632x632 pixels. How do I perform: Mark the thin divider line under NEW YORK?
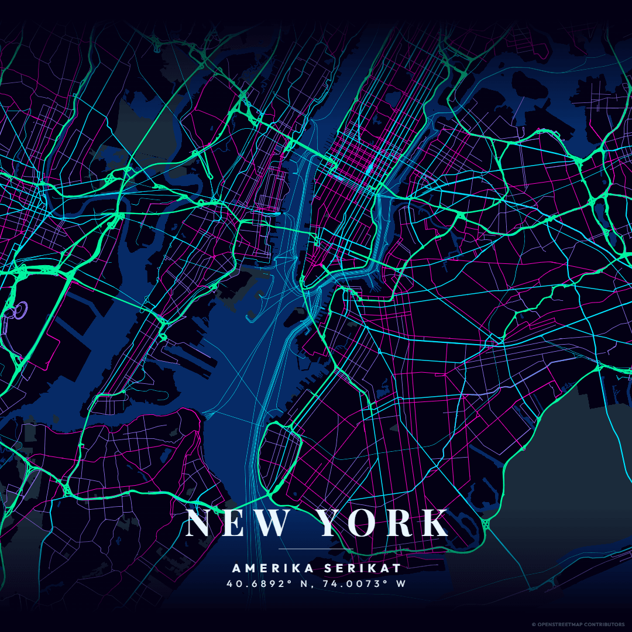click(316, 549)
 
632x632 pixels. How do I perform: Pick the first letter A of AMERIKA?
click(236, 568)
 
